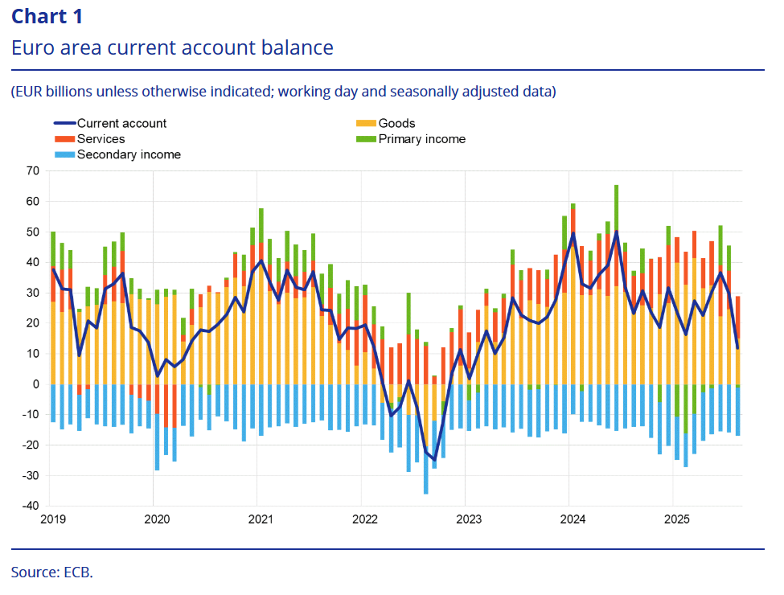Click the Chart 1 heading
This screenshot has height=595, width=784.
click(x=47, y=16)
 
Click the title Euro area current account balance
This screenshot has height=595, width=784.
click(x=172, y=47)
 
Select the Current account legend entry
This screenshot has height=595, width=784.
click(x=121, y=123)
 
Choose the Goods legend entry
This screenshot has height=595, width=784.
click(x=396, y=123)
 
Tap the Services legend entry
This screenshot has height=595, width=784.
click(x=101, y=139)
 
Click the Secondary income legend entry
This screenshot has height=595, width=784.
click(x=129, y=154)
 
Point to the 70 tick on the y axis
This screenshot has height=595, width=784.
click(x=33, y=170)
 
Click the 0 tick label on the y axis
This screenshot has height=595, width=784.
click(x=36, y=384)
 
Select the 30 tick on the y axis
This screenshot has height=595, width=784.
click(x=33, y=293)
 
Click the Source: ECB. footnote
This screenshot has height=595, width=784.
click(x=52, y=572)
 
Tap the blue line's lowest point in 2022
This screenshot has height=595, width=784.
click(x=434, y=459)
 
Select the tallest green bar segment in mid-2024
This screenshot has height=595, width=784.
click(x=616, y=207)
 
